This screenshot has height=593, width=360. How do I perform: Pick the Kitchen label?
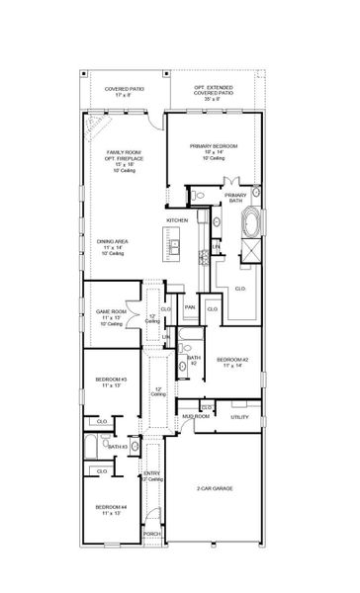(177, 218)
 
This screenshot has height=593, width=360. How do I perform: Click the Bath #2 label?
(195, 360)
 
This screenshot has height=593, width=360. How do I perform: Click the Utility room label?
(239, 417)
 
